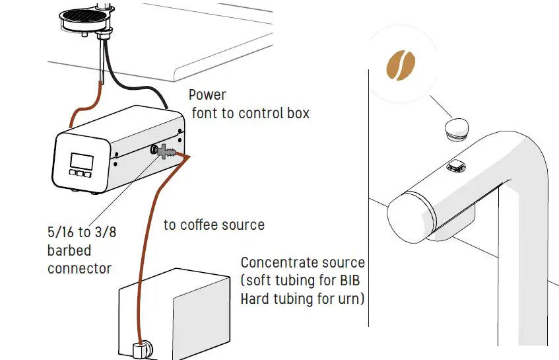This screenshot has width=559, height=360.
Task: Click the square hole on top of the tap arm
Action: (x=455, y=166)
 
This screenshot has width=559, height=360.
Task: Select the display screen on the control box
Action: (x=82, y=161)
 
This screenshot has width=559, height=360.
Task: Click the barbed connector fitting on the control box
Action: (x=167, y=153)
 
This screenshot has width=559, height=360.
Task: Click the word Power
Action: (x=208, y=95)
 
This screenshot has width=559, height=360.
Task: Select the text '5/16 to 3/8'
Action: (x=79, y=232)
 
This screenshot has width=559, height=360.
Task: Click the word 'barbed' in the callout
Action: (x=69, y=250)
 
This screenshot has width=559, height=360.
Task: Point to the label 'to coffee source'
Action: (x=214, y=225)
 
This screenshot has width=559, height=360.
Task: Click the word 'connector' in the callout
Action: (x=79, y=269)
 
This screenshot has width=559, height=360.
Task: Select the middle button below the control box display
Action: (x=81, y=174)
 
